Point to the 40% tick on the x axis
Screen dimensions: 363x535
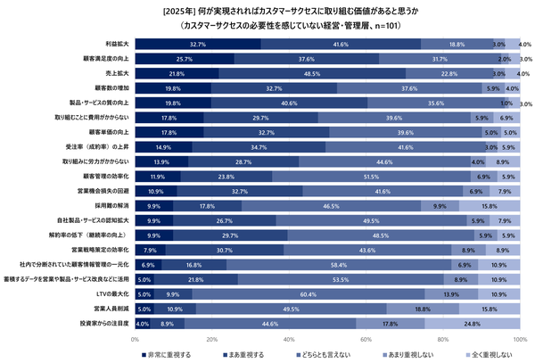coord(288,339)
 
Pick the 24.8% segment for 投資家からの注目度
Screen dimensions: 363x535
coord(472,323)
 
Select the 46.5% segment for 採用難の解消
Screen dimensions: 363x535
coord(332,205)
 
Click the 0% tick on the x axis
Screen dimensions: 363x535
coord(135,339)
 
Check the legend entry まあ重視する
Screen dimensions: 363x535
coord(238,355)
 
